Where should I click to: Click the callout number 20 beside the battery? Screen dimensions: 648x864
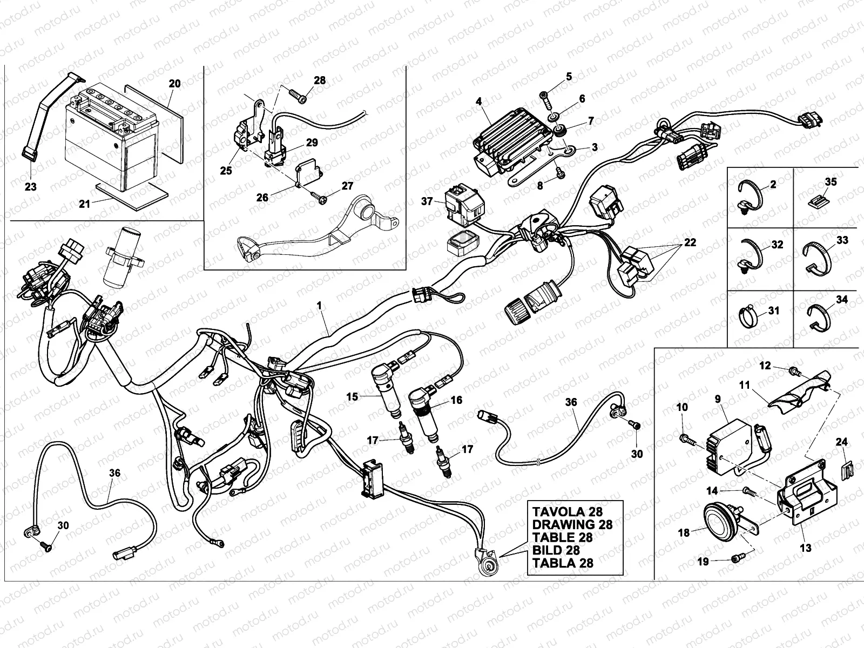click(x=174, y=84)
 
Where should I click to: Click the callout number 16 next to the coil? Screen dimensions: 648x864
click(x=457, y=400)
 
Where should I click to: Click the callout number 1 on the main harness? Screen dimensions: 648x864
click(x=319, y=306)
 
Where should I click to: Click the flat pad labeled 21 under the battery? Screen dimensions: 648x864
click(x=132, y=194)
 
